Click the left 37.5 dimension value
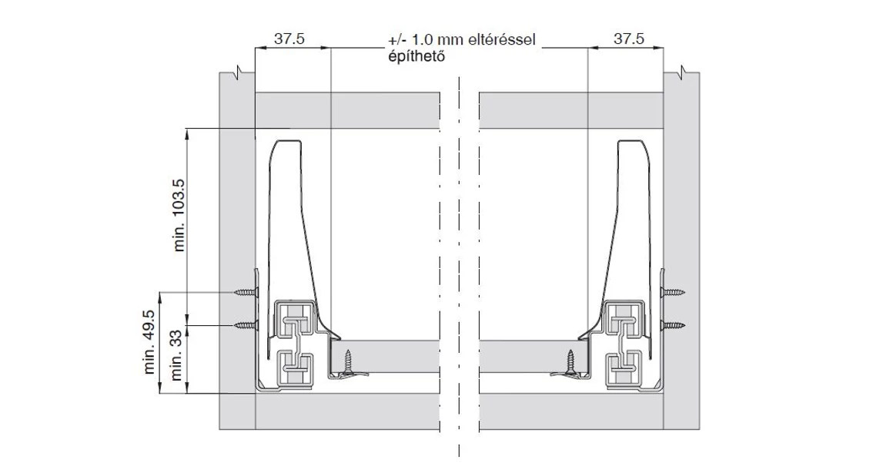point(288,39)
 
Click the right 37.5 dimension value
point(629,39)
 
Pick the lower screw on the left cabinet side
point(245,325)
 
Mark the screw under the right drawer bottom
point(570,363)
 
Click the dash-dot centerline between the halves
point(460,254)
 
